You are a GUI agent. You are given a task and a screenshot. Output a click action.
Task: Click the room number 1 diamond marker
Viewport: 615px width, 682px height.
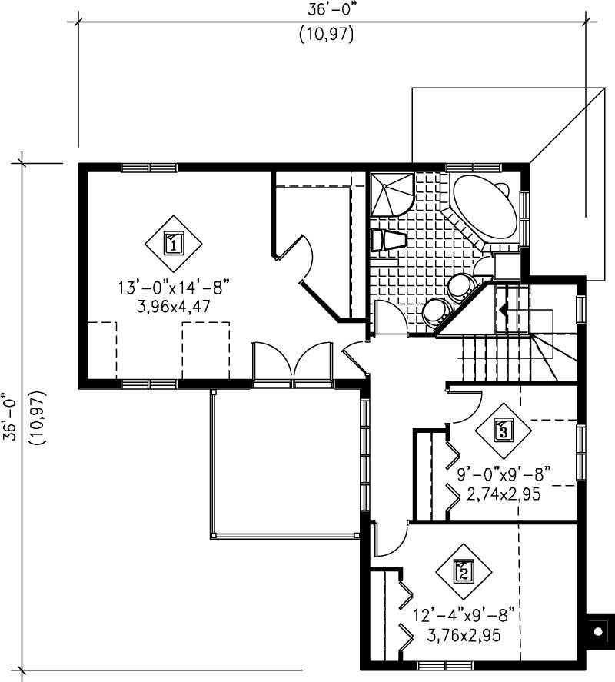click(x=174, y=245)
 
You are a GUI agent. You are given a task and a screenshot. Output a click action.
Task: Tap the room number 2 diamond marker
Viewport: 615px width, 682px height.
click(x=464, y=571)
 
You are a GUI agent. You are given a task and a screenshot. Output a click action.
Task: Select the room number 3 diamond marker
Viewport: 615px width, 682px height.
click(x=504, y=430)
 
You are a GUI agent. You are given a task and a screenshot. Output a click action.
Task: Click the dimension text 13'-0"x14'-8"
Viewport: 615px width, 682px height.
click(x=174, y=288)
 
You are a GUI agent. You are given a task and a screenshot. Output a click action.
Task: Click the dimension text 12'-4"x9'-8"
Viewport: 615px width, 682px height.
click(x=463, y=617)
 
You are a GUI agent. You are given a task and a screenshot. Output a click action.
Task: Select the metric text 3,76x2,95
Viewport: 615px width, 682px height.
click(x=464, y=635)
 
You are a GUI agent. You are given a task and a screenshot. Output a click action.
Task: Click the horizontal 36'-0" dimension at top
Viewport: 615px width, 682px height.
click(x=332, y=12)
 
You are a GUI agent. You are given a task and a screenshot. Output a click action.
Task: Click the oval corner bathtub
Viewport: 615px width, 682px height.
click(x=484, y=208)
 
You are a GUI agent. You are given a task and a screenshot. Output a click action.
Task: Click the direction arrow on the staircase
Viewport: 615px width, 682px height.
click(x=502, y=310)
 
